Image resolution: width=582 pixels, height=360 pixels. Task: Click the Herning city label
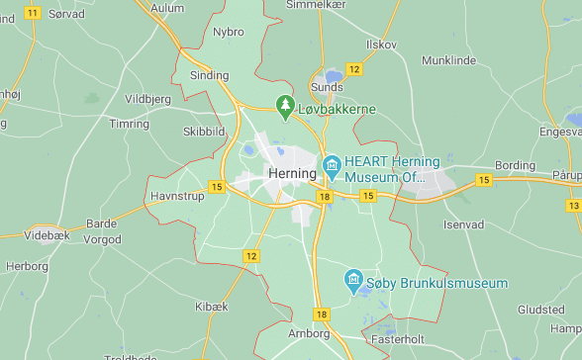click(x=291, y=173)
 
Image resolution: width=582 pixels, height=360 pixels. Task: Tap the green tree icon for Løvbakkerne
click(x=285, y=105)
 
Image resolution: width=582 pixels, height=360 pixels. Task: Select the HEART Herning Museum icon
click(x=332, y=163)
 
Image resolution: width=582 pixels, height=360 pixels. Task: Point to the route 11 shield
click(x=33, y=13)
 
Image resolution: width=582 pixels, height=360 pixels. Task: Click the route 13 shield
click(x=573, y=206)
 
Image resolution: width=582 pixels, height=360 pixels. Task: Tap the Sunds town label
click(x=327, y=87)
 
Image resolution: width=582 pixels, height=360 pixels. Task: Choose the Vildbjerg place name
click(x=147, y=99)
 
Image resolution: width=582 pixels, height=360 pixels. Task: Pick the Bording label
click(x=515, y=165)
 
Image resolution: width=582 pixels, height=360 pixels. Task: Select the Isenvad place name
click(x=463, y=225)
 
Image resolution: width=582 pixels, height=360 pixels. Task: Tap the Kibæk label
click(x=211, y=307)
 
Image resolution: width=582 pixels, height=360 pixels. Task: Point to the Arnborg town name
click(x=310, y=334)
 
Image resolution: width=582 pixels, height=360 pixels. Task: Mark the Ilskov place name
click(x=381, y=45)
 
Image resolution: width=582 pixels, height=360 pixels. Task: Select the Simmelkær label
click(x=314, y=5)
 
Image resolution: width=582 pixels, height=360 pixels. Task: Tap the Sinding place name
click(x=209, y=75)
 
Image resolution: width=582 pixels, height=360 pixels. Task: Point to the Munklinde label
click(x=447, y=60)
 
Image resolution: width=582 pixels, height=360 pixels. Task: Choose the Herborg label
click(x=27, y=267)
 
